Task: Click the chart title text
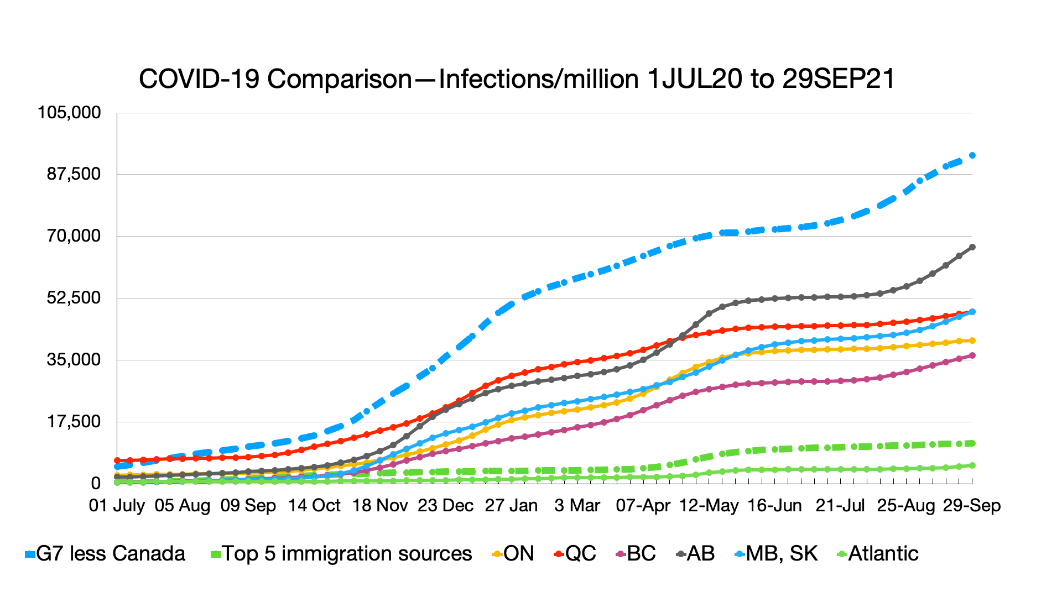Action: pos(517,79)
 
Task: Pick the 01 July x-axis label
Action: pos(117,506)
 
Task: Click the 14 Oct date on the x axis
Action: pos(314,506)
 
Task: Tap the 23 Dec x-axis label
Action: pos(446,506)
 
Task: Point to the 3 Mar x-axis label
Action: pos(577,506)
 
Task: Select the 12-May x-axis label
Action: pos(709,506)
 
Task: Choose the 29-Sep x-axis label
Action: pos(972,506)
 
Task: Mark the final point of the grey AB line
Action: pos(972,247)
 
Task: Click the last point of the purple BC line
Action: pos(972,355)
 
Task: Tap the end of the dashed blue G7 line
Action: pos(972,156)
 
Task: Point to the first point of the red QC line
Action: pos(117,460)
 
